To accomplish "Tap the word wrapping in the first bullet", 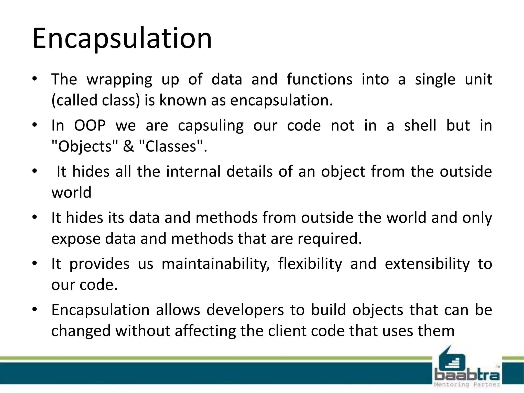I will click(119, 80).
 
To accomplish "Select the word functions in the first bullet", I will click(319, 79).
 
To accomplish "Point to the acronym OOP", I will click(90, 125).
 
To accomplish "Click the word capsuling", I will click(211, 126).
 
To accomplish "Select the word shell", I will click(420, 125).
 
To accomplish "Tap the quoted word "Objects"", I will click(85, 147).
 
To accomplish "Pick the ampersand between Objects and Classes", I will click(128, 147).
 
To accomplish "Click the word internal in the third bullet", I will click(193, 171).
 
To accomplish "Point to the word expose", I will click(76, 239).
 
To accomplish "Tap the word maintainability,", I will click(215, 264).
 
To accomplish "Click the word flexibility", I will click(310, 264).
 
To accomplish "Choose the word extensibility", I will click(427, 264).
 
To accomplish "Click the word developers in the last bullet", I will click(245, 310).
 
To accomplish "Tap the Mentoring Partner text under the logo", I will click(467, 385).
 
